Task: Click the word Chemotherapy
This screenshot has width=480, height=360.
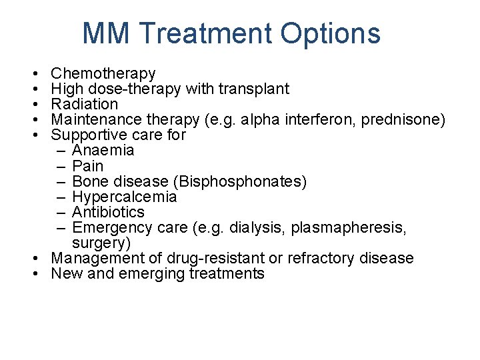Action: (x=103, y=73)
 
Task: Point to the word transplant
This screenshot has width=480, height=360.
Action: (x=256, y=89)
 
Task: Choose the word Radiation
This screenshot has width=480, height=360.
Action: (x=85, y=104)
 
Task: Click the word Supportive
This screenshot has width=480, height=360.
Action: (x=85, y=135)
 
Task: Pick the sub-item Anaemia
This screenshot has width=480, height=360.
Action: (x=103, y=150)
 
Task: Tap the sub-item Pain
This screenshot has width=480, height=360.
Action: (x=88, y=165)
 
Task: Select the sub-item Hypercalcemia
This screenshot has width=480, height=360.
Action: (x=124, y=197)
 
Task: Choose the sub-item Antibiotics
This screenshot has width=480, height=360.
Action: (x=108, y=212)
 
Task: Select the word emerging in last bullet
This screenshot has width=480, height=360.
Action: (x=146, y=273)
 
